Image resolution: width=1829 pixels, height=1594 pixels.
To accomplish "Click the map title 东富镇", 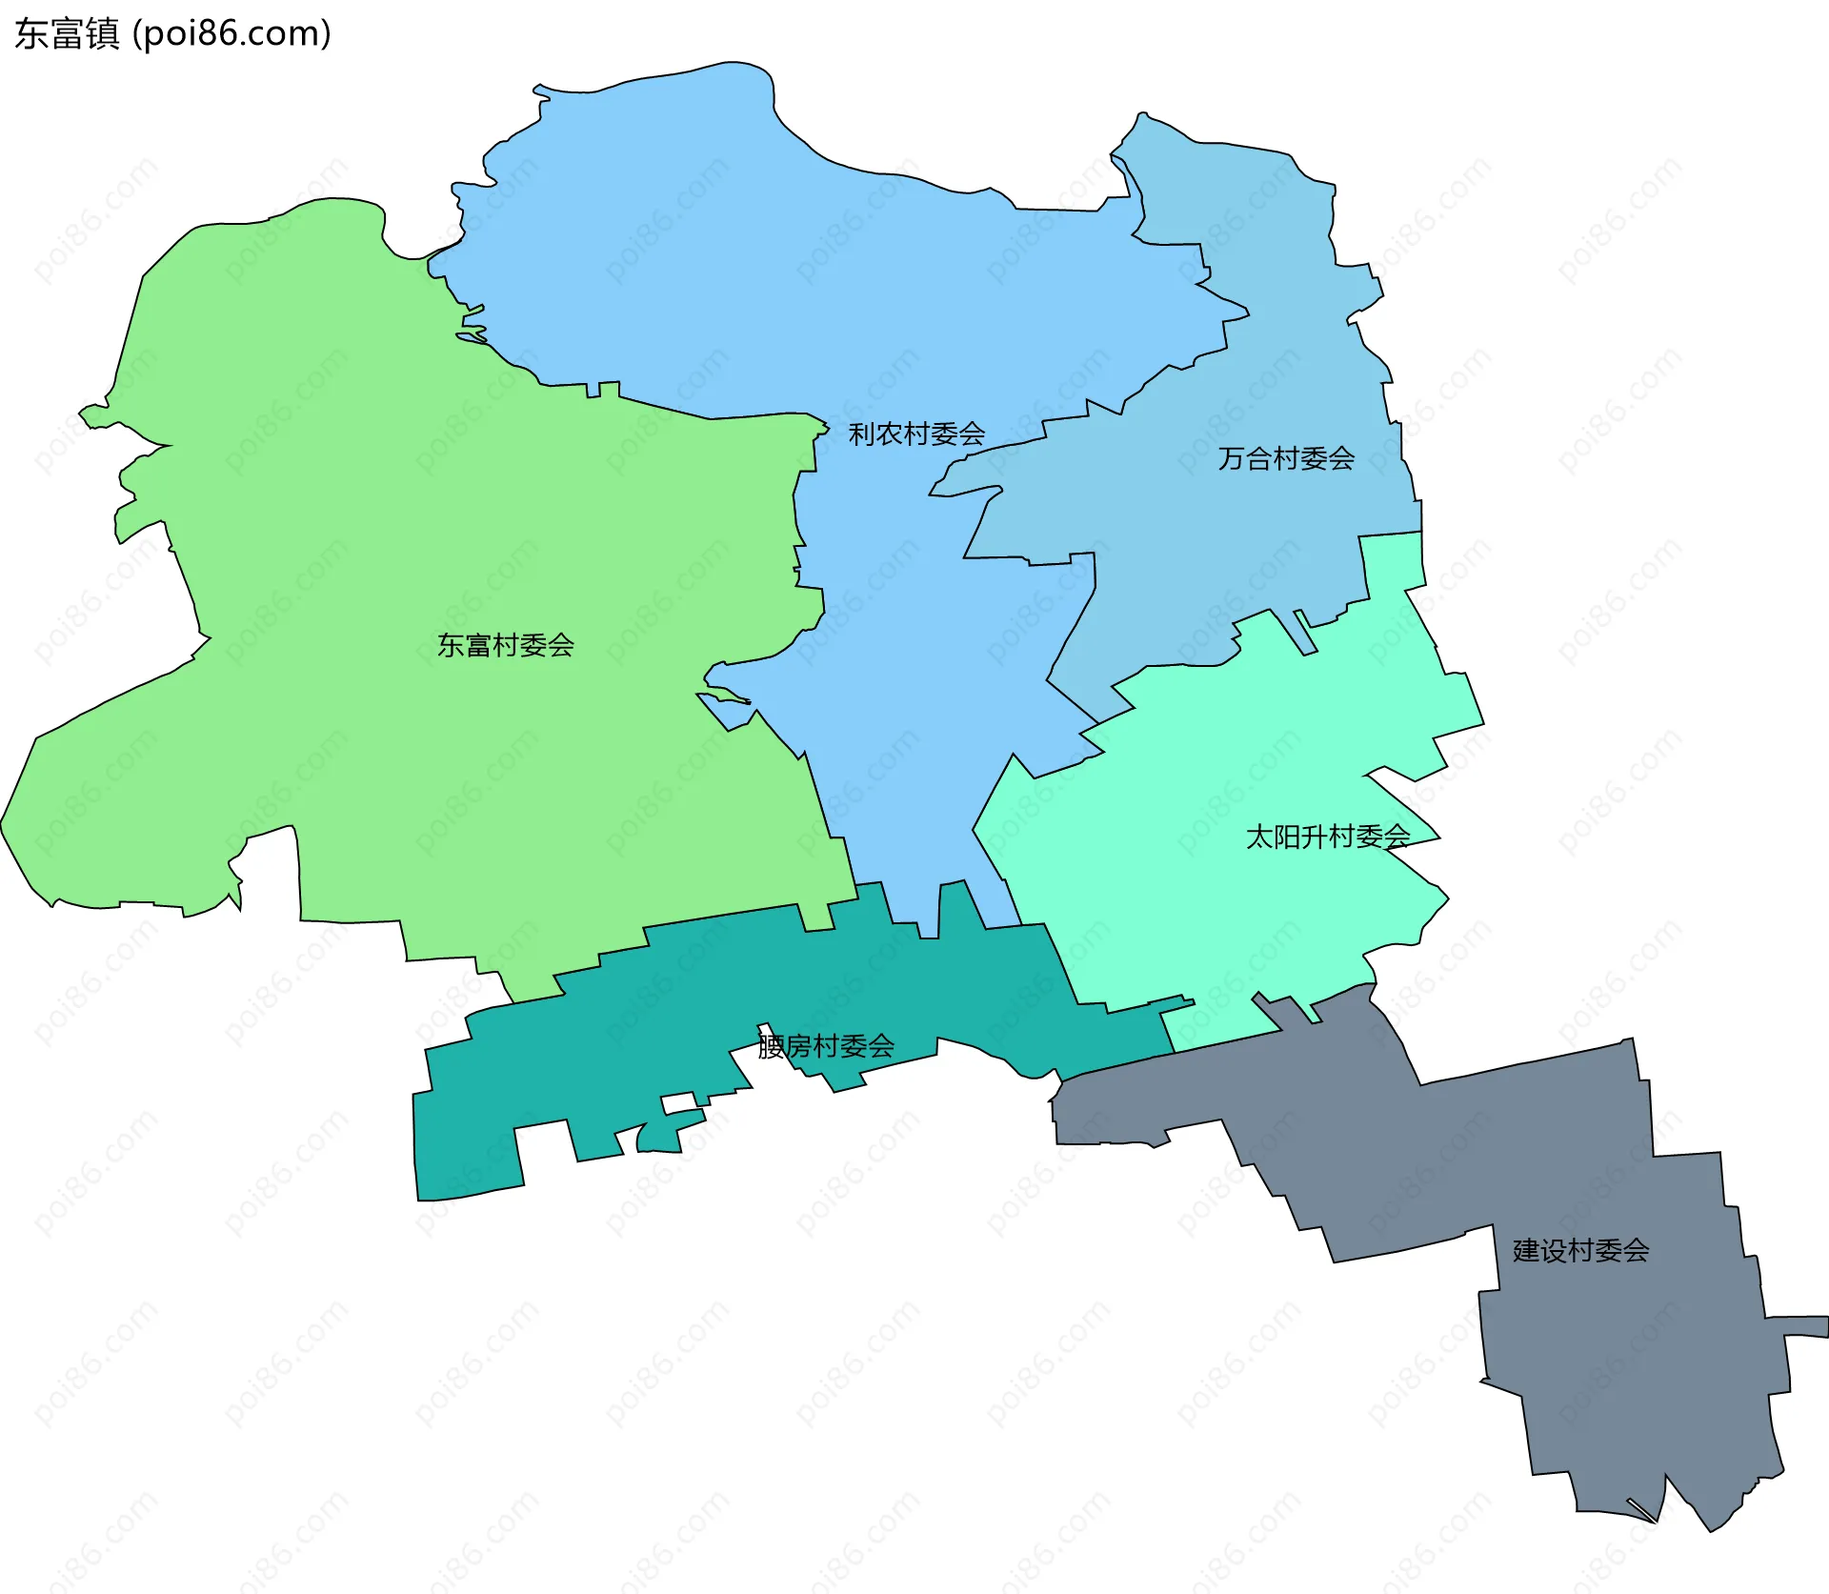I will click(x=67, y=33).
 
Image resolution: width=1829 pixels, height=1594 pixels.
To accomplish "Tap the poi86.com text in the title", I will click(x=231, y=33).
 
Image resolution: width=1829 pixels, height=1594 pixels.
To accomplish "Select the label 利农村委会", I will click(x=916, y=434).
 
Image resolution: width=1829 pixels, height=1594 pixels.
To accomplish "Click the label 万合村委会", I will click(x=1286, y=459).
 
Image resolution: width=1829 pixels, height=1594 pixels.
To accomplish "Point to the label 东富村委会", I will click(x=506, y=646).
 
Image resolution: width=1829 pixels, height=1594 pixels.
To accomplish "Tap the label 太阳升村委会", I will click(x=1328, y=837).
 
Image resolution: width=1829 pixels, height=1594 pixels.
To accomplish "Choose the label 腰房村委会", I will click(x=826, y=1047).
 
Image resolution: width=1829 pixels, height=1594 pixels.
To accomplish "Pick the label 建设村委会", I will click(x=1581, y=1251).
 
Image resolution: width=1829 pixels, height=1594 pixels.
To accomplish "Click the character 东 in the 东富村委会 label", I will click(x=451, y=646).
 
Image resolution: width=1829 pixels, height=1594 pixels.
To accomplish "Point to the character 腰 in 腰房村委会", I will click(x=771, y=1047).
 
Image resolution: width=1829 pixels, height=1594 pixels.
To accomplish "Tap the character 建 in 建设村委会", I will click(x=1526, y=1251).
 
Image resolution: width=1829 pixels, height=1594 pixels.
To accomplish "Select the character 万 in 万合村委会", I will click(x=1232, y=459).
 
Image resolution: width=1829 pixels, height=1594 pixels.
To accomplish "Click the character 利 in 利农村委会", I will click(x=862, y=434).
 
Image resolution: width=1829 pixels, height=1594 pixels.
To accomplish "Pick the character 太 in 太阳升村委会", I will click(x=1259, y=837).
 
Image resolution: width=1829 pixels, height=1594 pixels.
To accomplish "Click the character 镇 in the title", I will click(x=102, y=33).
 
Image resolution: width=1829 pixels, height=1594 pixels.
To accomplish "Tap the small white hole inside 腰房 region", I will click(x=679, y=1104).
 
